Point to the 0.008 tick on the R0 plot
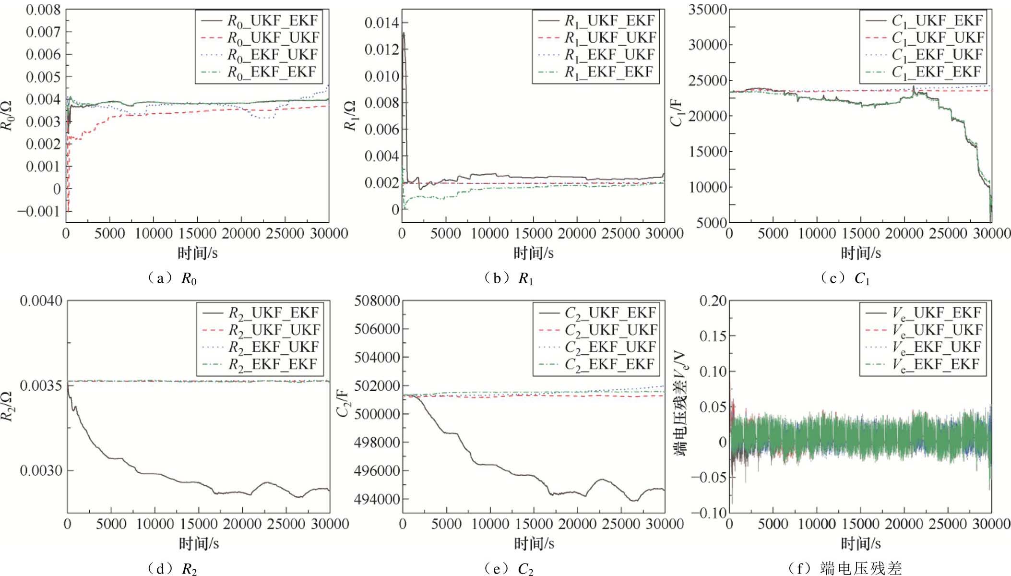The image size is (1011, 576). pyautogui.click(x=43, y=10)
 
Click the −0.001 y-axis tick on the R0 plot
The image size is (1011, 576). pyautogui.click(x=39, y=211)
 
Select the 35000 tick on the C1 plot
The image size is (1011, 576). pyautogui.click(x=707, y=10)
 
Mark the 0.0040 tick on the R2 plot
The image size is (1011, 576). pyautogui.click(x=41, y=301)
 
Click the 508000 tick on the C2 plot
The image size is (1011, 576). pyautogui.click(x=377, y=301)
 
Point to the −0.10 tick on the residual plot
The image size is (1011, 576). pyautogui.click(x=707, y=513)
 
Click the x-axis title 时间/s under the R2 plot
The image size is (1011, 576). pyautogui.click(x=199, y=543)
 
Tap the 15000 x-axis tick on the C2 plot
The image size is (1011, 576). pyautogui.click(x=534, y=524)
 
